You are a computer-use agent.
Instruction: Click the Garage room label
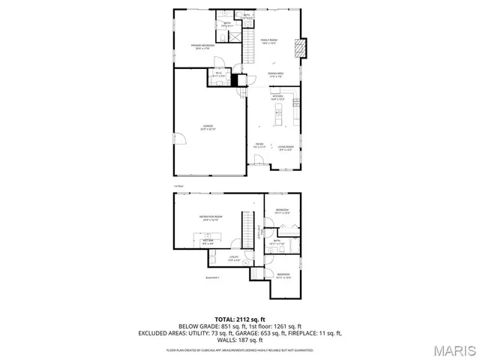(208, 127)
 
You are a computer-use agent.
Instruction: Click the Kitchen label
(277, 97)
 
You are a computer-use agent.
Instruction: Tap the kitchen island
(277, 116)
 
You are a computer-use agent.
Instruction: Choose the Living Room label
(285, 148)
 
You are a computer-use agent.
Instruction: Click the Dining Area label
(276, 74)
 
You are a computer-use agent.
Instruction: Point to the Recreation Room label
(208, 218)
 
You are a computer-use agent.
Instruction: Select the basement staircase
(244, 224)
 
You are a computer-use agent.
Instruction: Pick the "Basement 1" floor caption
(212, 278)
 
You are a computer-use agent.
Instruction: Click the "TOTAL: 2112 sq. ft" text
(240, 319)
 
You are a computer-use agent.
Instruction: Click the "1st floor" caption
(178, 186)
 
